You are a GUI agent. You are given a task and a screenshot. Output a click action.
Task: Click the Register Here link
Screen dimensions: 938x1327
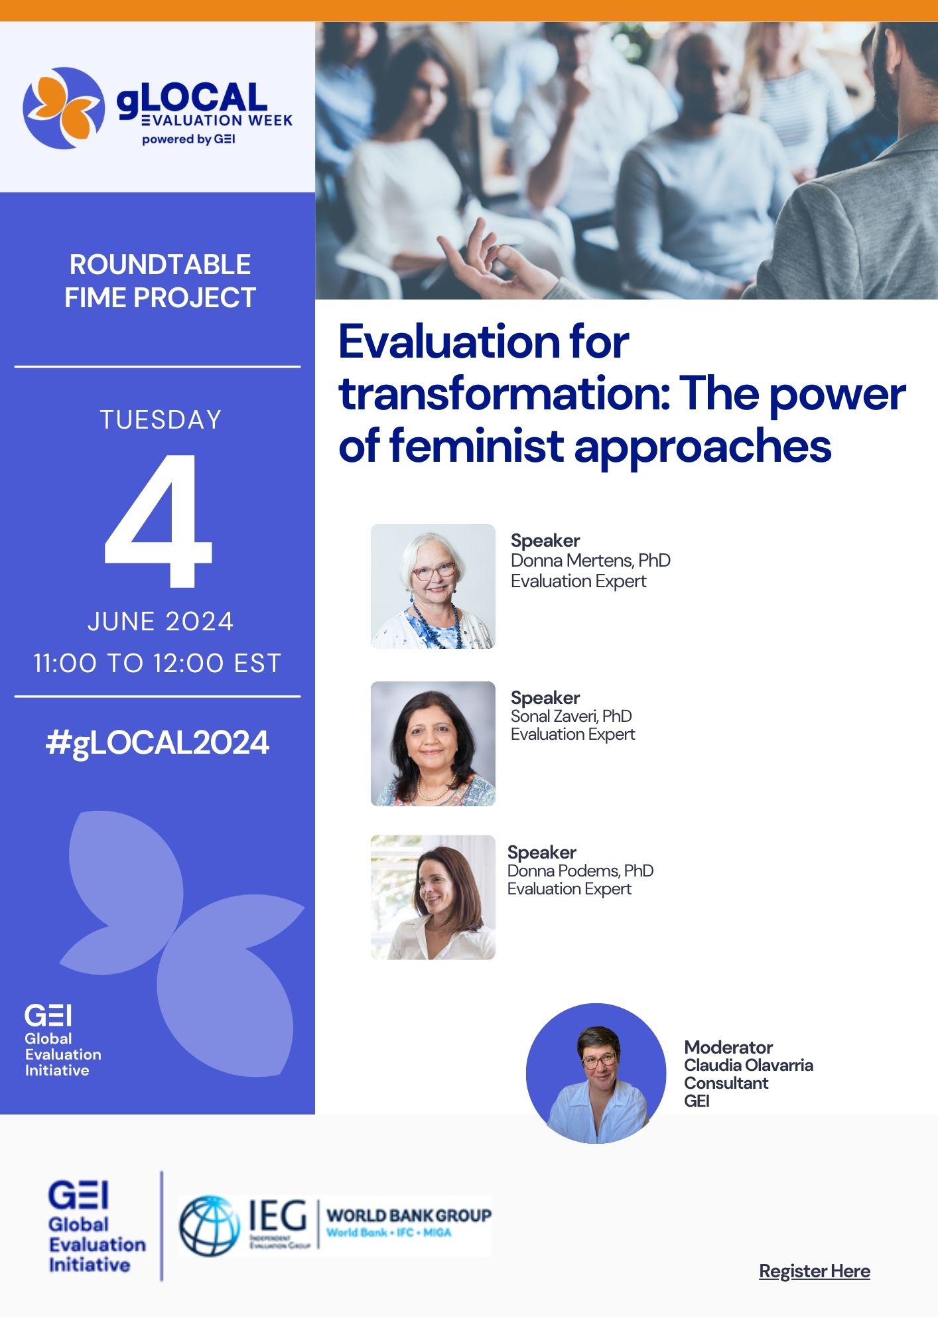(x=815, y=1271)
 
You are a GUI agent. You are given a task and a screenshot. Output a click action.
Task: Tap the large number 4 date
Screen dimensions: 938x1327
(x=158, y=522)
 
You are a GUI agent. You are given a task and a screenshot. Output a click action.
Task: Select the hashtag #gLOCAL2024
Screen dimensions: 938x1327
(x=158, y=743)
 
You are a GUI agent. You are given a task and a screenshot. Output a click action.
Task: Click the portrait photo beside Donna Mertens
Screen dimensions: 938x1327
(x=433, y=587)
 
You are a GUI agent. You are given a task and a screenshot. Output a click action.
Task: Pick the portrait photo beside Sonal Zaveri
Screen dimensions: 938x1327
(x=433, y=744)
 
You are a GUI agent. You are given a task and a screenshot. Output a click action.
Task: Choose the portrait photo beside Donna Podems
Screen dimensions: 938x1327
(x=433, y=897)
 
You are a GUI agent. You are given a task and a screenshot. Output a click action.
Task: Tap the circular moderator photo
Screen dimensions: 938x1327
(x=596, y=1073)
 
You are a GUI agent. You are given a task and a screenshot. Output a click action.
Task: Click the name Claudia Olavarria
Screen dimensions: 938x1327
(x=749, y=1065)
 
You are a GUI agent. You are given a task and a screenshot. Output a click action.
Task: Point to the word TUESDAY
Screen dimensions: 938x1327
(x=161, y=420)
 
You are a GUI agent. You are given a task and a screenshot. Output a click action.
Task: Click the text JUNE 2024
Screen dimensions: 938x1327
(x=161, y=622)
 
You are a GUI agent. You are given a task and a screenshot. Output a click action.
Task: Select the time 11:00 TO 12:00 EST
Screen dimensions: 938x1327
(x=158, y=663)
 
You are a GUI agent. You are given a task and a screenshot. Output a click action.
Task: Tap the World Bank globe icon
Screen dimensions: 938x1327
(x=209, y=1225)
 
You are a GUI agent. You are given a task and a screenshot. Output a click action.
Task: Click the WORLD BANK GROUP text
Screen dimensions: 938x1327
(x=409, y=1216)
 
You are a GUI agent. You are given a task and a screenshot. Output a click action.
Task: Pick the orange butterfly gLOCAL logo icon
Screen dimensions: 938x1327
(x=64, y=108)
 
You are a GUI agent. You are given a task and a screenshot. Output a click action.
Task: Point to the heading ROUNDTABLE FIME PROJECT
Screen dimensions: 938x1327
(x=160, y=281)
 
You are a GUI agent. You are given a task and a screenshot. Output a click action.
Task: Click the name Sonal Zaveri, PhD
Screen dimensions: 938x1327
(x=571, y=716)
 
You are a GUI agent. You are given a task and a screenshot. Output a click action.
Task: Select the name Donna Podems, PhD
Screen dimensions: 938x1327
(x=580, y=871)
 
